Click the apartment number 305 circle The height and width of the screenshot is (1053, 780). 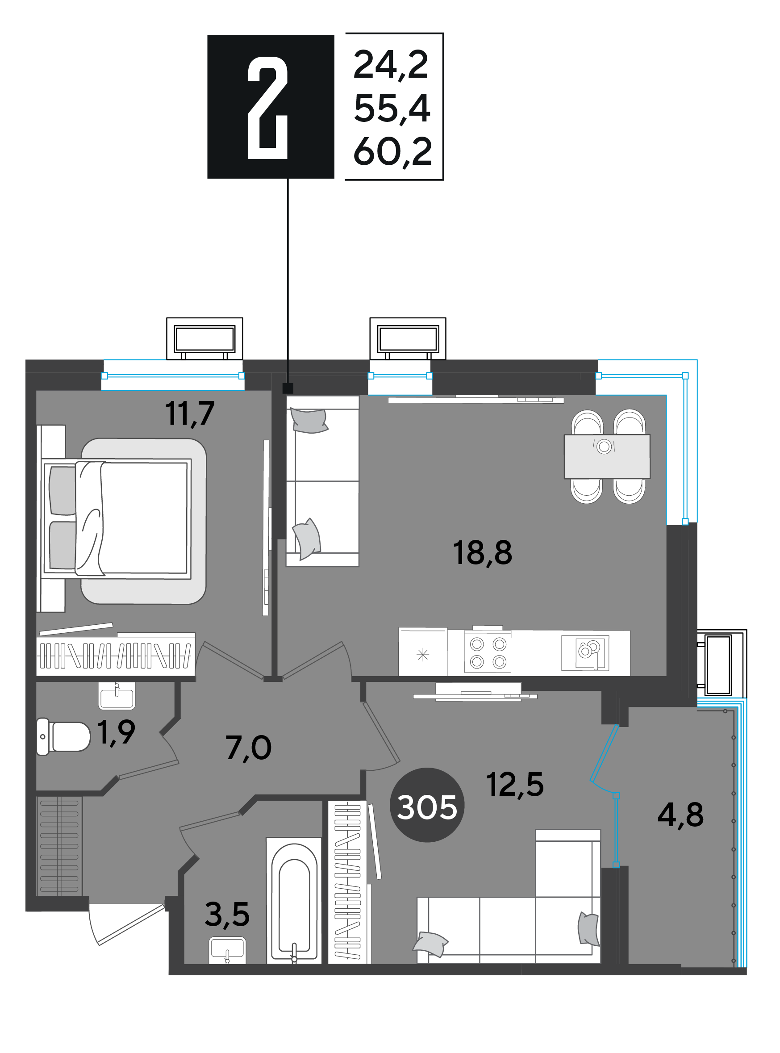click(x=427, y=806)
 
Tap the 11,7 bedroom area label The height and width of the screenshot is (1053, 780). click(x=190, y=414)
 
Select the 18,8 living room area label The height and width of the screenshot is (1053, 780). click(x=482, y=553)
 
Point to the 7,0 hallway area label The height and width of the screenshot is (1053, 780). click(x=248, y=748)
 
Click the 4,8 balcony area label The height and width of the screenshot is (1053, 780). click(x=680, y=815)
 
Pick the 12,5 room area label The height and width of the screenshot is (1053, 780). click(x=515, y=785)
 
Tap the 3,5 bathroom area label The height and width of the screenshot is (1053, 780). click(x=227, y=914)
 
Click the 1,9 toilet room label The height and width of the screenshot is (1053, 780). click(x=116, y=733)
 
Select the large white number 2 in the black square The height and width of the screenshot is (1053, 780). click(x=268, y=108)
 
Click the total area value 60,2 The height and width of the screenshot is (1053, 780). click(x=393, y=152)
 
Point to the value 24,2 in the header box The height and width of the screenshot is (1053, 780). click(x=391, y=65)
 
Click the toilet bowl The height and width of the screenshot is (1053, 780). click(x=63, y=737)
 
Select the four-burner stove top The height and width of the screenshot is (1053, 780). click(x=488, y=652)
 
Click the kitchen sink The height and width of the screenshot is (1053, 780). click(x=585, y=653)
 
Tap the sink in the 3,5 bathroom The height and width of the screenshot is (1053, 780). click(x=227, y=949)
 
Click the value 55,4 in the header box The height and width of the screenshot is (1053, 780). click(x=392, y=109)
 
